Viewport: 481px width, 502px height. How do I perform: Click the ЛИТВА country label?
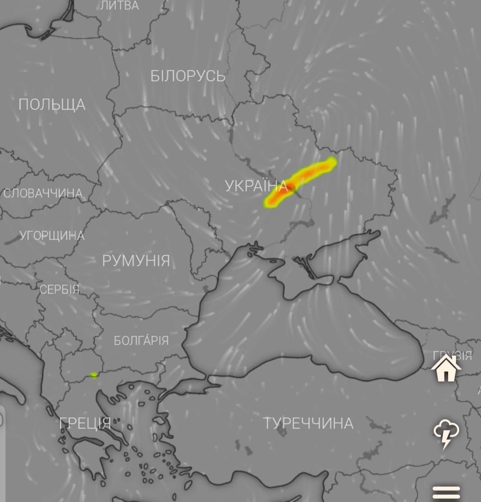pos(119,6)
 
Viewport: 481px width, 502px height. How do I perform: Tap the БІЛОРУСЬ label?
pos(188,76)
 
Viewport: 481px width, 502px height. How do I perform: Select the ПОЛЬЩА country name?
pos(52,105)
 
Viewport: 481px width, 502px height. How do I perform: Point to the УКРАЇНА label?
pos(256,186)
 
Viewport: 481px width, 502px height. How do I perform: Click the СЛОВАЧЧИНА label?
pos(43,193)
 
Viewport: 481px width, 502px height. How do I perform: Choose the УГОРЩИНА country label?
pos(52,236)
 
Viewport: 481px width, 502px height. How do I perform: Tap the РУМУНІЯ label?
pos(136,261)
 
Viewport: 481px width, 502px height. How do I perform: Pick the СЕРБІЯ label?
pos(59,290)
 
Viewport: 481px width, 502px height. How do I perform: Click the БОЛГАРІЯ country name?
pos(141,341)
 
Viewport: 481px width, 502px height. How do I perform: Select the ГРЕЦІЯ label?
pos(85,423)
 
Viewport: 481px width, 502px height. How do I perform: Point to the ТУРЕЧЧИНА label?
pos(308,423)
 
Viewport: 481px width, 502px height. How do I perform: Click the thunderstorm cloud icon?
pos(446,433)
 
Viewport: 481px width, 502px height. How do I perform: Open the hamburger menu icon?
pos(446,492)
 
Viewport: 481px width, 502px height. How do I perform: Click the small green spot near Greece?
pos(94,375)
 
